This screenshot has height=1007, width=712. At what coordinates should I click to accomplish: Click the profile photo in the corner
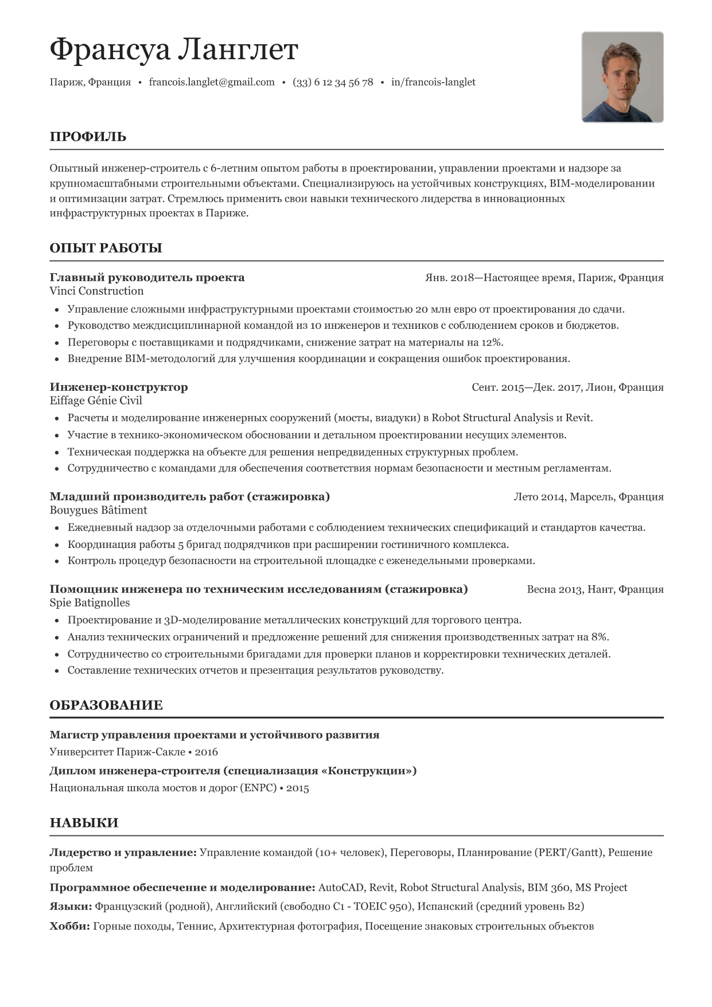[622, 77]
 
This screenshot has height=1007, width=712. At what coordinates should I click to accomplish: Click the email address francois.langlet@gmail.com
[212, 82]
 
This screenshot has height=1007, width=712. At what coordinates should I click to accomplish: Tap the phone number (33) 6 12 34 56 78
[333, 82]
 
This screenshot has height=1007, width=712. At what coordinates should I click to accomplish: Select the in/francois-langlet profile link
[433, 82]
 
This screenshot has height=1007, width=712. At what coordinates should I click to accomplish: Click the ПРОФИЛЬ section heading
[88, 137]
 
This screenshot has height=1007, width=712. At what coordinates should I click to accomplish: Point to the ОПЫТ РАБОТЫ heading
[106, 248]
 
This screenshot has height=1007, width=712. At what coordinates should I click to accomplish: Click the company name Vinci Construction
[96, 291]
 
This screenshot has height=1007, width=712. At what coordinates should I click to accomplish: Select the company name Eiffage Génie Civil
[96, 401]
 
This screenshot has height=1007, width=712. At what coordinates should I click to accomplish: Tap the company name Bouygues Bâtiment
[98, 510]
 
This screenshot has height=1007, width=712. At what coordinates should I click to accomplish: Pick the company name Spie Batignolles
[90, 602]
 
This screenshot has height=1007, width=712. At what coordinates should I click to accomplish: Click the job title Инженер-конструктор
[119, 387]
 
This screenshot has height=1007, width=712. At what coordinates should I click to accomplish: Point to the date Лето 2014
[539, 497]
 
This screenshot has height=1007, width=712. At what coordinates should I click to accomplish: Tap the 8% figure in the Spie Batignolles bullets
[600, 637]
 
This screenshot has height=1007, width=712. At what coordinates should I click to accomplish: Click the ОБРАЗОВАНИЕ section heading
[106, 705]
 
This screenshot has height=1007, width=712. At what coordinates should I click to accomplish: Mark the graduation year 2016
[207, 752]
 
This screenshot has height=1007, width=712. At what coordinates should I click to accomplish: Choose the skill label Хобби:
[69, 926]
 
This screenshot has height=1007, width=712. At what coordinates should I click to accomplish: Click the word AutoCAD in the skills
[340, 888]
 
